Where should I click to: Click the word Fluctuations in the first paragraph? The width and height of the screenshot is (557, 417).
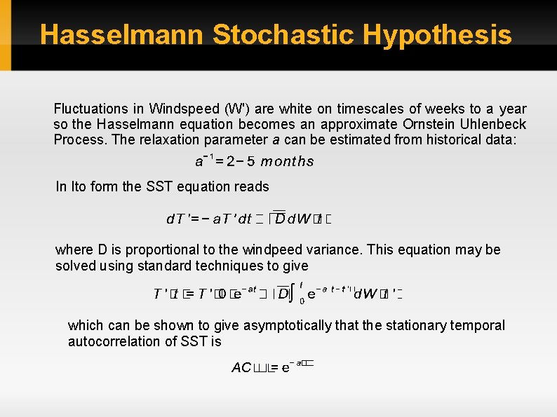[90, 109]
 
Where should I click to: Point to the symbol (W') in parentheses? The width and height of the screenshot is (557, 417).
[235, 109]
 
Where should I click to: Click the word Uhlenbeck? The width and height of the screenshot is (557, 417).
[494, 124]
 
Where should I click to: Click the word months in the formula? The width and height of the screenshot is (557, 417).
[287, 162]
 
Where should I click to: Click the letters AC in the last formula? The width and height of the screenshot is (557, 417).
[241, 367]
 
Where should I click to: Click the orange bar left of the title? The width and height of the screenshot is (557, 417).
[6, 35]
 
